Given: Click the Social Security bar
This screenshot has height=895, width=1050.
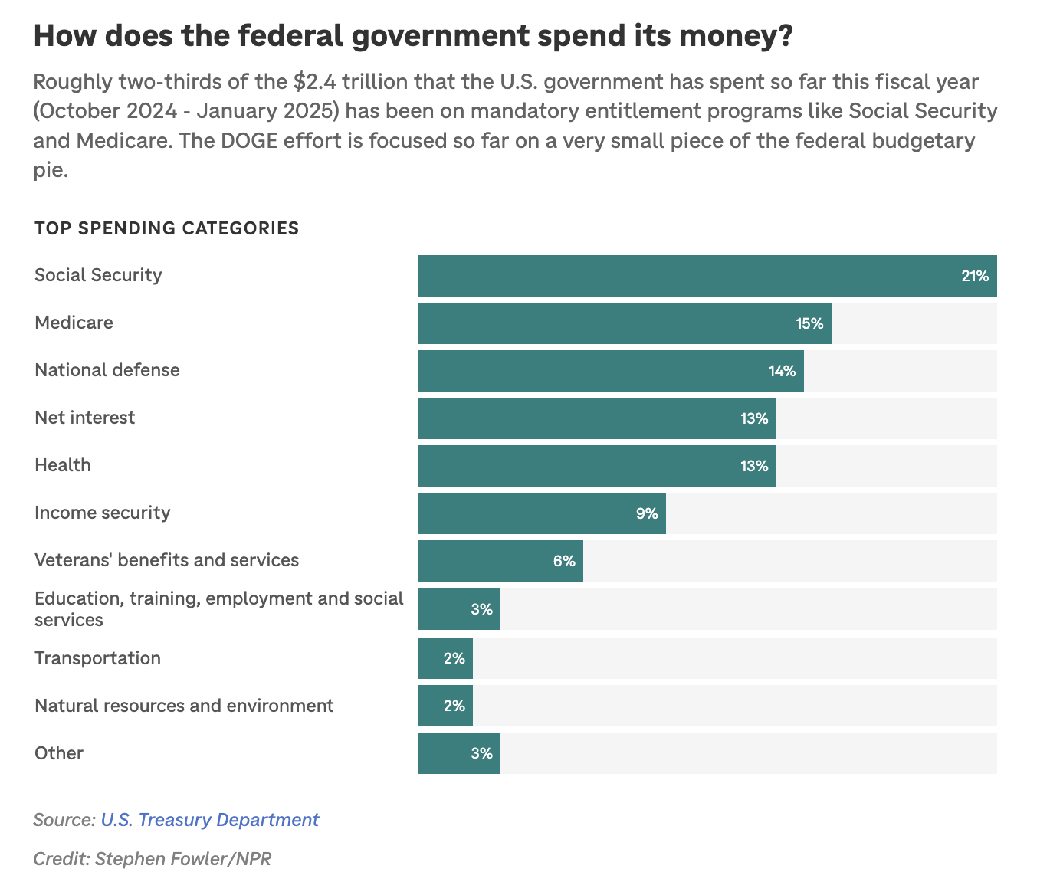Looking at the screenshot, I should (707, 276).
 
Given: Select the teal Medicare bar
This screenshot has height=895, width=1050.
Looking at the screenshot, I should (624, 323).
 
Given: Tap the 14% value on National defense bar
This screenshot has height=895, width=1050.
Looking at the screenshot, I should (782, 372).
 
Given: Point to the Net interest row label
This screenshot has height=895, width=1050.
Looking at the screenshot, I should (84, 418).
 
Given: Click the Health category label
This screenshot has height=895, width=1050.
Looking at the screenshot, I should (63, 465).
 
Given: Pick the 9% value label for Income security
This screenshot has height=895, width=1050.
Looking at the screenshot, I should (647, 513).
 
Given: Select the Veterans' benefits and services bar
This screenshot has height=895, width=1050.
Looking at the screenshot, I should (500, 561).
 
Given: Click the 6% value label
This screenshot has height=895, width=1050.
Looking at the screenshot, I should (564, 561).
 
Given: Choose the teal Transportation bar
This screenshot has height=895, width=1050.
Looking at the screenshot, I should (445, 658).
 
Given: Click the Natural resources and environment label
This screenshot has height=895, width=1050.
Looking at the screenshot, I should (184, 706).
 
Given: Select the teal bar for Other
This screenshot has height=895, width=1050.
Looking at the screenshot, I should (458, 753).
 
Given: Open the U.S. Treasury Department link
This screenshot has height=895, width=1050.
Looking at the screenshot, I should (210, 820).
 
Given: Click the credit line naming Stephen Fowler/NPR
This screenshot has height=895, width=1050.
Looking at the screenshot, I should (153, 858).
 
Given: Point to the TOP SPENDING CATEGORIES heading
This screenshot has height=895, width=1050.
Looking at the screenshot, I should (166, 228).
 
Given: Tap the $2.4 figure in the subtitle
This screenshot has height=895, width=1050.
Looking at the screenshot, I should (326, 81).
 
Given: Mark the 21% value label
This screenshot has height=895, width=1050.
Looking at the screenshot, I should (975, 276).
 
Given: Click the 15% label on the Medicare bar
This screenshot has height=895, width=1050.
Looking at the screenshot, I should (809, 323).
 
